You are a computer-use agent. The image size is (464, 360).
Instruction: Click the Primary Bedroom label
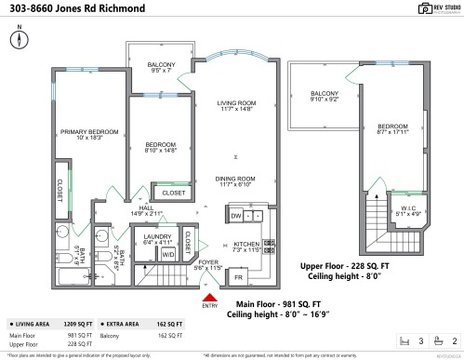pyautogui.click(x=89, y=135)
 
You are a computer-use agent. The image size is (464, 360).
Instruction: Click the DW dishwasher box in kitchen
pyautogui.click(x=235, y=215)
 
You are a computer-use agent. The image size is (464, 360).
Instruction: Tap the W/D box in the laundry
pyautogui.click(x=168, y=253)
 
